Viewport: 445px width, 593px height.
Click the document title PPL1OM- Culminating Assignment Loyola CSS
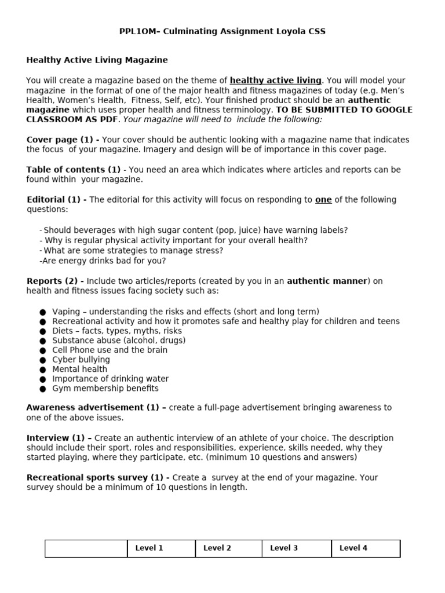pyautogui.click(x=222, y=31)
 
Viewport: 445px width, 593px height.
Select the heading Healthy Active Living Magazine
pyautogui.click(x=97, y=60)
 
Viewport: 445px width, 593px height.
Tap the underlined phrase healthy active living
pyautogui.click(x=275, y=80)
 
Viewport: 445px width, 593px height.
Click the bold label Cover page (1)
pyautogui.click(x=62, y=140)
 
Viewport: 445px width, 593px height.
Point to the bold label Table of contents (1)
pyautogui.click(x=73, y=170)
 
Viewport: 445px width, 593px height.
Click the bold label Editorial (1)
pyautogui.click(x=56, y=200)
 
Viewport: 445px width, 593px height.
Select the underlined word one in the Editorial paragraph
pyautogui.click(x=323, y=200)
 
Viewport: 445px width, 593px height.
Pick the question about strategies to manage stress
pyautogui.click(x=133, y=250)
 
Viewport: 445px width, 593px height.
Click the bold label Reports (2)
pyautogui.click(x=55, y=281)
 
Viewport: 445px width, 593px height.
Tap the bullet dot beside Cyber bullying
pyautogui.click(x=43, y=360)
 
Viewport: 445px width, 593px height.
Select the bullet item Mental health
pyautogui.click(x=79, y=369)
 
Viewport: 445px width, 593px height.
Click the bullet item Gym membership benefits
pyautogui.click(x=105, y=388)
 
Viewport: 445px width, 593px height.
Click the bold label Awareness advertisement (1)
pyautogui.click(x=96, y=408)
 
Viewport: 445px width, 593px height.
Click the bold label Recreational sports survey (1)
pyautogui.click(x=98, y=477)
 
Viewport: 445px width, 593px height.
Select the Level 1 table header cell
pyautogui.click(x=149, y=548)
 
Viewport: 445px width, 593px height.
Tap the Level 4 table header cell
pyautogui.click(x=353, y=548)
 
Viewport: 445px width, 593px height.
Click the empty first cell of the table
pyautogui.click(x=86, y=548)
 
